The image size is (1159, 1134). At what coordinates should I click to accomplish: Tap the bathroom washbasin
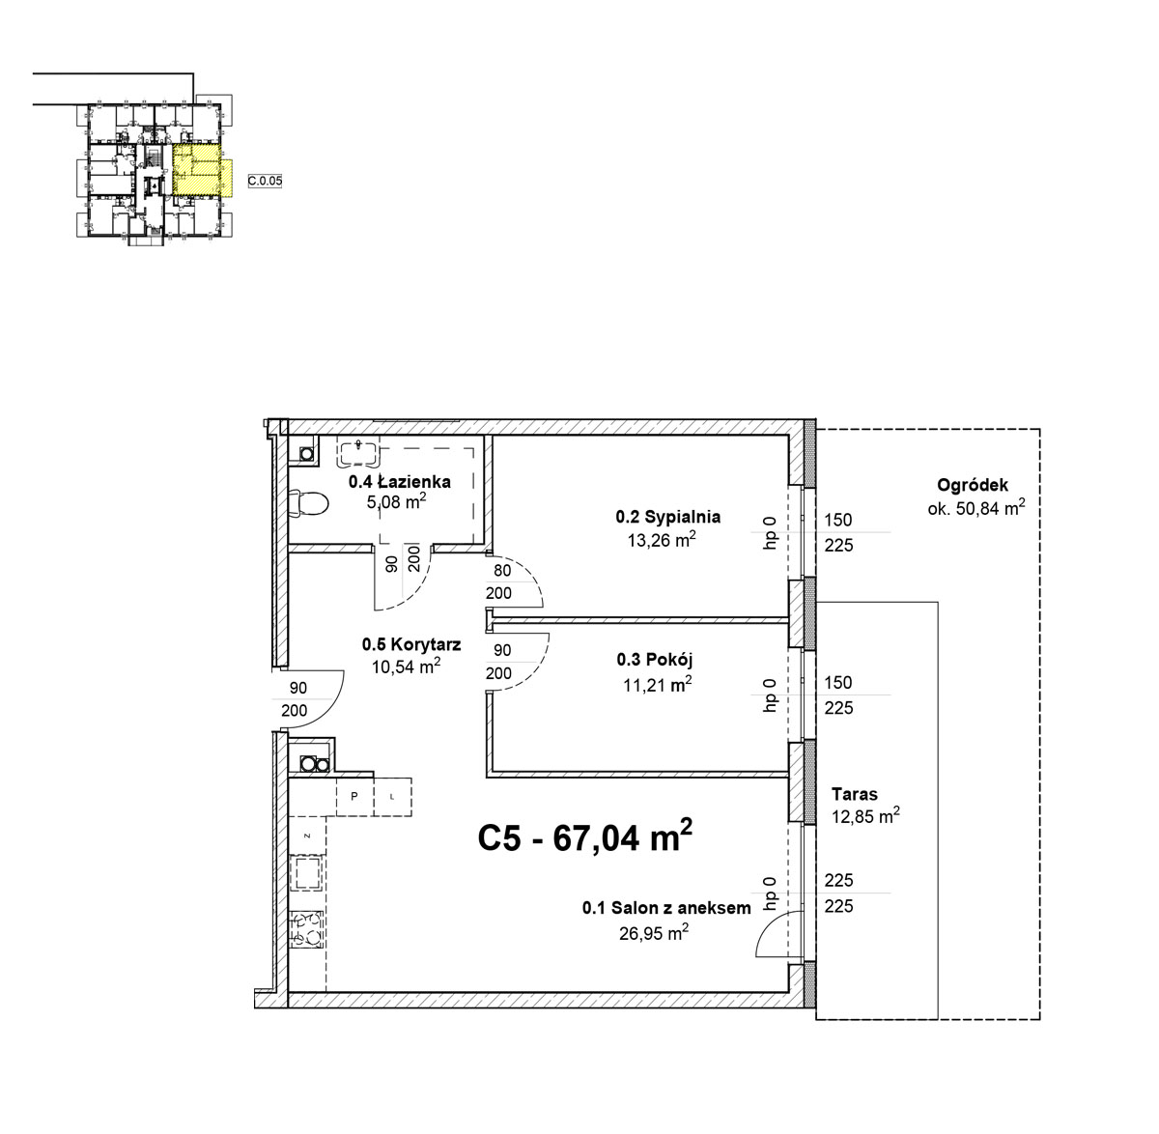(x=359, y=452)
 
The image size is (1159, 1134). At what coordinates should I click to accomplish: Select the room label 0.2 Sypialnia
(x=667, y=517)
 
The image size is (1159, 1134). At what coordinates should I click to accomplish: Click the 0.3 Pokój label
(x=655, y=660)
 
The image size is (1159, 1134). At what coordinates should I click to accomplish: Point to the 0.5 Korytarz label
(x=410, y=644)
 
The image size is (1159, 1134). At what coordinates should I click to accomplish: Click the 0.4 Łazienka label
(x=399, y=481)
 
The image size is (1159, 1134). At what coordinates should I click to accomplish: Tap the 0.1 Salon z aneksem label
(x=665, y=908)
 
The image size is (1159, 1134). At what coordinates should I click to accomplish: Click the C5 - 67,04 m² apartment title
(x=585, y=836)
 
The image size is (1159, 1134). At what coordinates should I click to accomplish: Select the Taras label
(x=855, y=794)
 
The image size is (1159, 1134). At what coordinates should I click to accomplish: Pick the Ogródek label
(x=973, y=485)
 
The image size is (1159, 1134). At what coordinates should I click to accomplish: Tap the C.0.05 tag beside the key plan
(x=265, y=181)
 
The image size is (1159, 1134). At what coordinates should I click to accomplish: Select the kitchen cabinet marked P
(x=354, y=796)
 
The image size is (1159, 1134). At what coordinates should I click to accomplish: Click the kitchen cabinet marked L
(x=392, y=796)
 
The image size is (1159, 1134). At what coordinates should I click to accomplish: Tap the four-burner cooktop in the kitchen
(x=307, y=930)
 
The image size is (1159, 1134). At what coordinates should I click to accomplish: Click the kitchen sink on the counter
(x=307, y=873)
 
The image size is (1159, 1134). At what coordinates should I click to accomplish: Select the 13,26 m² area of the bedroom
(x=662, y=540)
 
